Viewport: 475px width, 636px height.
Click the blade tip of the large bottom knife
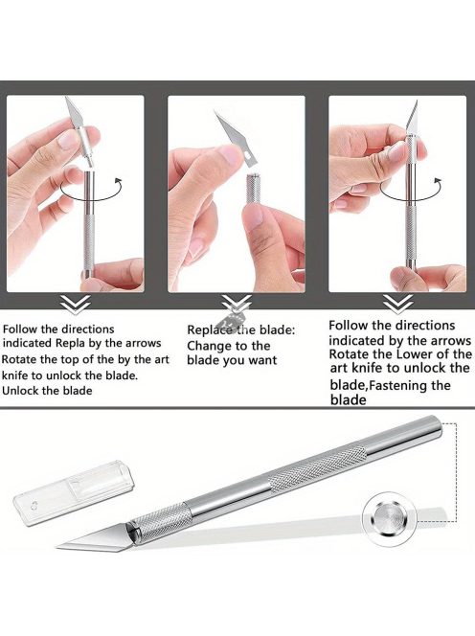[x=57, y=548]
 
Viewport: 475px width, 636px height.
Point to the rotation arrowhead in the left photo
[x=119, y=180]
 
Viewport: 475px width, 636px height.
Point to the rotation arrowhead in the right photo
[x=438, y=180]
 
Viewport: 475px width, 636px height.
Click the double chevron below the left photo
[x=76, y=304]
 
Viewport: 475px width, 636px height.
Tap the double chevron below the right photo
[x=398, y=304]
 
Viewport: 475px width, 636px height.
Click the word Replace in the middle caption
[x=210, y=330]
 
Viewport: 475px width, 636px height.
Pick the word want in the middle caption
[x=262, y=360]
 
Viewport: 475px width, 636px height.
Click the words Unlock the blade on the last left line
[x=47, y=391]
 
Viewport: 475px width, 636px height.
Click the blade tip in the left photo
[x=66, y=98]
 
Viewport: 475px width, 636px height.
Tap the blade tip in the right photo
[x=417, y=102]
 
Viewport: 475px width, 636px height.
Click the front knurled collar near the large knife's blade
[x=160, y=522]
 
